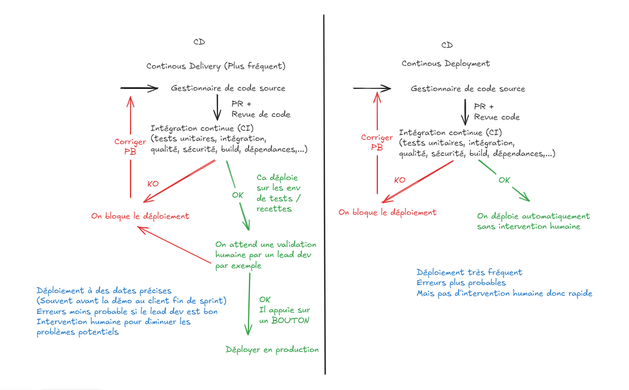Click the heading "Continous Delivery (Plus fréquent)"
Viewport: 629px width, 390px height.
216,66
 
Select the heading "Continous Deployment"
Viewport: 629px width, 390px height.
445,63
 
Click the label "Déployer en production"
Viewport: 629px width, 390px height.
272,350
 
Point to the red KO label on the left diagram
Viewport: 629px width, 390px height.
153,184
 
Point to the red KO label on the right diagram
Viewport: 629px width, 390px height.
399,180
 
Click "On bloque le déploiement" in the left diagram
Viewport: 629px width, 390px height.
140,216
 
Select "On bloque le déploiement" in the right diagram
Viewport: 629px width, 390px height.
387,212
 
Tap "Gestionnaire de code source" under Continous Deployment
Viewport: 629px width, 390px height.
468,89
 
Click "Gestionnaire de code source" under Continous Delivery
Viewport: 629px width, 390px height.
228,88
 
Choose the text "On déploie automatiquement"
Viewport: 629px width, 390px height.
533,216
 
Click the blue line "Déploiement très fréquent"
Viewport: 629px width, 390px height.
469,272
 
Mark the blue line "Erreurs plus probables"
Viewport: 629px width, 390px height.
461,283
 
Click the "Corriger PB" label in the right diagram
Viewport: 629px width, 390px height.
377,142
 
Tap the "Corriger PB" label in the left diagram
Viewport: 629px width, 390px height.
130,147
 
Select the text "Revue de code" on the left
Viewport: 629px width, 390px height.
261,114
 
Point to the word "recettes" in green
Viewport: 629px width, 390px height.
274,208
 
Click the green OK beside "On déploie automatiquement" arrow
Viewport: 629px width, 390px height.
504,180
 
